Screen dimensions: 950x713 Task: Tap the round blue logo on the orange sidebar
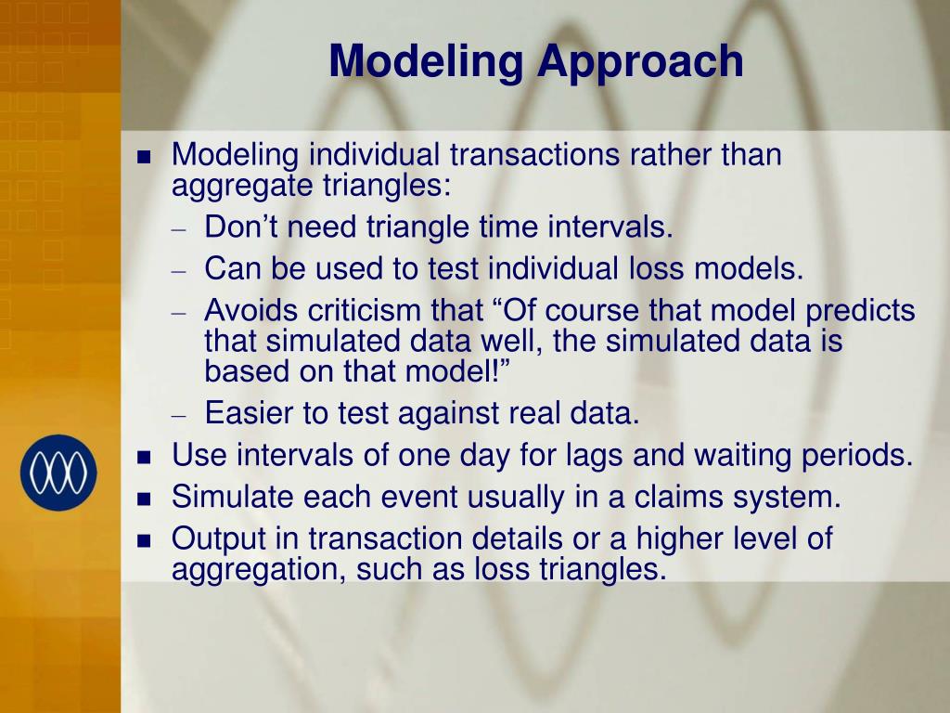point(58,473)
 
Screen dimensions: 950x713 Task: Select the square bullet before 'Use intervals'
point(144,457)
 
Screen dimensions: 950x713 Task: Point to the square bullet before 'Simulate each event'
point(144,499)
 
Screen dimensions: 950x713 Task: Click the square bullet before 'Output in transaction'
point(144,540)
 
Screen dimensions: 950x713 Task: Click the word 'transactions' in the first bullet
point(534,155)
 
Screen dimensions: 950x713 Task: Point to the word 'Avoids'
point(251,310)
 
